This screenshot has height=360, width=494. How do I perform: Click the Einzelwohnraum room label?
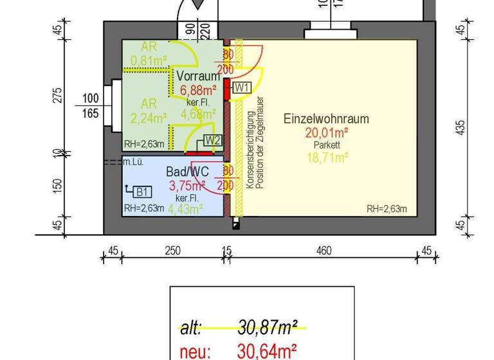pyautogui.click(x=326, y=119)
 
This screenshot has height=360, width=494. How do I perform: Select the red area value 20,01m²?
pyautogui.click(x=326, y=133)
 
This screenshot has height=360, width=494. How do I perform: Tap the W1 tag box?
pyautogui.click(x=241, y=87)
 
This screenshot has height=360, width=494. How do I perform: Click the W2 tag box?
pyautogui.click(x=213, y=140)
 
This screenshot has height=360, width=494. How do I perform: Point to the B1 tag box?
pyautogui.click(x=142, y=192)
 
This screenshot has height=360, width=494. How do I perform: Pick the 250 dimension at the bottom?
pyautogui.click(x=172, y=250)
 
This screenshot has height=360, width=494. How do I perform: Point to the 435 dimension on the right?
pyautogui.click(x=459, y=129)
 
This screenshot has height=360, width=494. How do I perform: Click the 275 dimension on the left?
pyautogui.click(x=57, y=94)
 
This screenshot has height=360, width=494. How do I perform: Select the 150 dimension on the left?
pyautogui.click(x=57, y=185)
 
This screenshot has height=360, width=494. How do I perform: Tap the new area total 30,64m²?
pyautogui.click(x=267, y=351)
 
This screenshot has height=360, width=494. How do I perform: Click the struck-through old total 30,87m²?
pyautogui.click(x=267, y=328)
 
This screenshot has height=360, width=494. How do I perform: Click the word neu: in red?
pyautogui.click(x=194, y=351)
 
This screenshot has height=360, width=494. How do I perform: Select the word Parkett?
pyautogui.click(x=326, y=145)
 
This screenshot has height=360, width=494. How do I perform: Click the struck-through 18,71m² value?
pyautogui.click(x=326, y=156)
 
